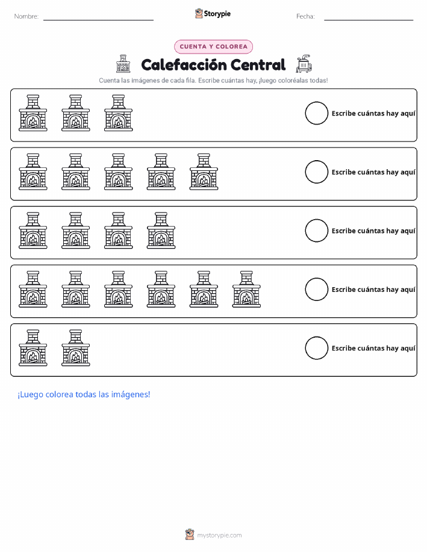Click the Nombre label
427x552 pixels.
click(x=26, y=16)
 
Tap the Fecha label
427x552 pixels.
click(x=305, y=16)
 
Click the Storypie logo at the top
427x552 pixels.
click(x=213, y=14)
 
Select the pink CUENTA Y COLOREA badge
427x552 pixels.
click(x=213, y=46)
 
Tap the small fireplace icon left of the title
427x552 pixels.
click(x=123, y=64)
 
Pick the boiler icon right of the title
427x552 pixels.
click(x=304, y=64)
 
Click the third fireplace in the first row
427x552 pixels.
click(x=119, y=113)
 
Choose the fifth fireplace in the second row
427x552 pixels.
click(x=204, y=172)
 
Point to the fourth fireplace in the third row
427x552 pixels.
click(x=161, y=231)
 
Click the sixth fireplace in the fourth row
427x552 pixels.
click(x=246, y=290)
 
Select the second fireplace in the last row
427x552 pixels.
click(x=76, y=348)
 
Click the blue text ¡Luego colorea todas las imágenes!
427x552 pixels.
click(x=84, y=394)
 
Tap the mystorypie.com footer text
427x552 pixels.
click(x=219, y=535)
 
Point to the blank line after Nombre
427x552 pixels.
click(x=98, y=20)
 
